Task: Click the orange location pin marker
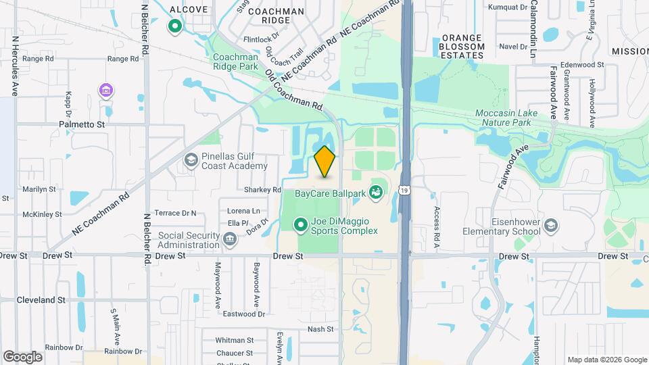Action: pyautogui.click(x=325, y=162)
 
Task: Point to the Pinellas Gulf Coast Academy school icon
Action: pyautogui.click(x=191, y=160)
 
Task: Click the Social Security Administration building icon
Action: pyautogui.click(x=231, y=238)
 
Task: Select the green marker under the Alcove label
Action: pyautogui.click(x=174, y=27)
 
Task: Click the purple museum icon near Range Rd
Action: pyautogui.click(x=105, y=90)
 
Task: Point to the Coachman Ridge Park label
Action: pyautogui.click(x=235, y=62)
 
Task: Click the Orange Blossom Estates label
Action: pyautogui.click(x=462, y=47)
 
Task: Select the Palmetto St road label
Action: pyautogui.click(x=82, y=124)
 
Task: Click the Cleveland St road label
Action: pyautogui.click(x=41, y=299)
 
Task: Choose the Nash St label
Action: pyautogui.click(x=320, y=329)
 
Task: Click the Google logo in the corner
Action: pyautogui.click(x=22, y=356)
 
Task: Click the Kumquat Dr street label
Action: pyautogui.click(x=508, y=7)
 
